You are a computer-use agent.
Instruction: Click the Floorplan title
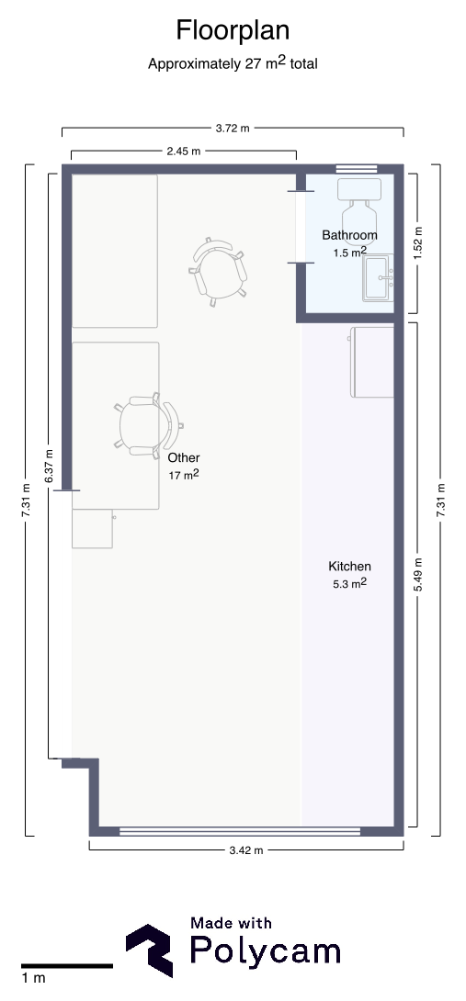pos(233,30)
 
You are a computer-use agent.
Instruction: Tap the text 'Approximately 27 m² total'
pos(233,64)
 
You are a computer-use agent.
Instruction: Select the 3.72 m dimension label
pos(233,129)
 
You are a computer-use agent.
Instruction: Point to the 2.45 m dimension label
pos(184,152)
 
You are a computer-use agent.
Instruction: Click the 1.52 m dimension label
pos(418,243)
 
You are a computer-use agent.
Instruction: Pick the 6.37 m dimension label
pos(50,467)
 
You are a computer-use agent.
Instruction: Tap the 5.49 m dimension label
pos(418,574)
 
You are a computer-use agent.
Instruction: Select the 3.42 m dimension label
pos(244,850)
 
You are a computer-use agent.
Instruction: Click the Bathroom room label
pos(349,235)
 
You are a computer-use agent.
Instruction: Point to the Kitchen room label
pos(349,566)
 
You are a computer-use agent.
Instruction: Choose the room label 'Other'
pos(184,457)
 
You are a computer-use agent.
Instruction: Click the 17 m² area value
pos(184,475)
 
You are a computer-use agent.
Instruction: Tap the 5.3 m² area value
pos(349,583)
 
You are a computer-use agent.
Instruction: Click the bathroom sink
pos(378,277)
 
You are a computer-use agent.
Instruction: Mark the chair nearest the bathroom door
pos(219,271)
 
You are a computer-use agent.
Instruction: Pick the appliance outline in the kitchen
pos(372,361)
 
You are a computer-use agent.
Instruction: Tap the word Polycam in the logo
pos(265,951)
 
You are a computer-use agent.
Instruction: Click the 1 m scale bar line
pos(66,965)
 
